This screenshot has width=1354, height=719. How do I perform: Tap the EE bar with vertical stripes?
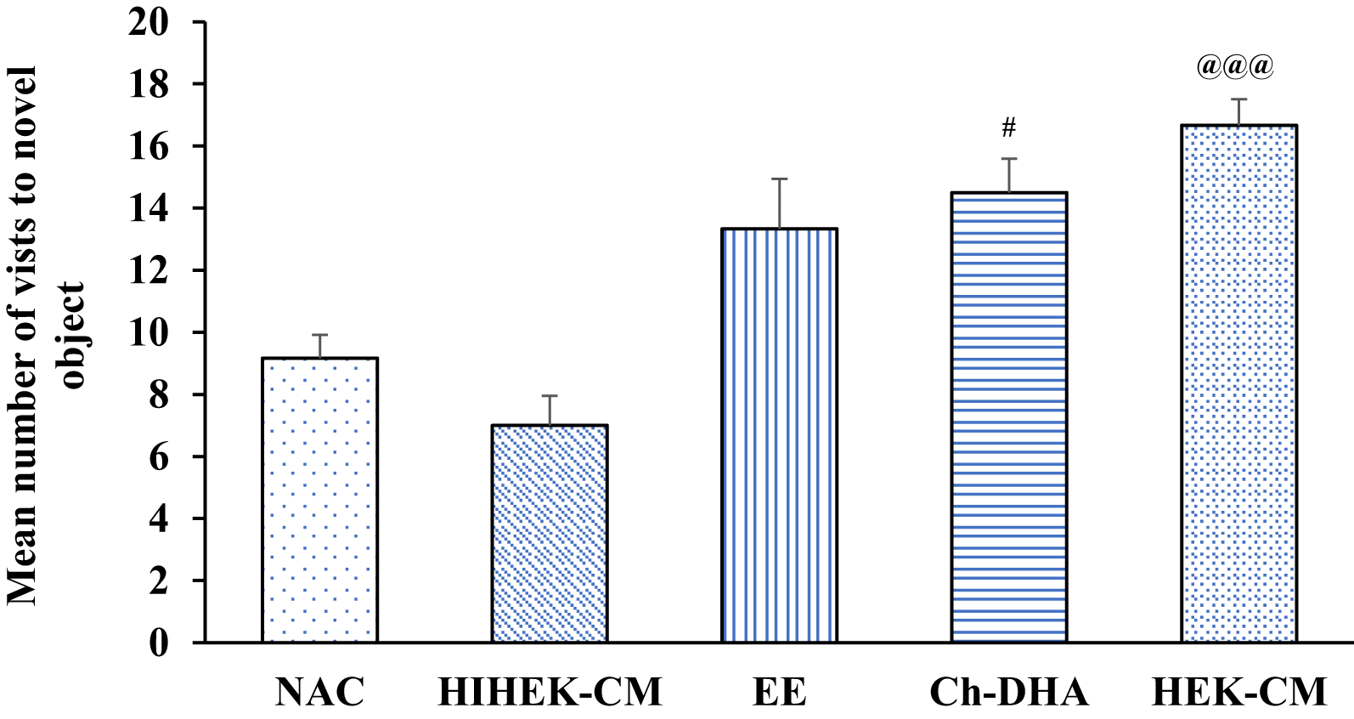pos(779,435)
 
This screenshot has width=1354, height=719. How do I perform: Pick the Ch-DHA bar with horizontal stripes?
pos(1008,416)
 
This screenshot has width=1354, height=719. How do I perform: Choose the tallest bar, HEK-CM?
pos(1238,383)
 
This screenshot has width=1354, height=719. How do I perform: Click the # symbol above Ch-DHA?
pos(1008,128)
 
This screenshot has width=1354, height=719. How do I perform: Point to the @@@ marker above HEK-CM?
pos(1235,66)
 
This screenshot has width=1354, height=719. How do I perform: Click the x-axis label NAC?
pos(319,692)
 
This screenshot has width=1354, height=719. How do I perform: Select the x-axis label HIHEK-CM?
pos(550,692)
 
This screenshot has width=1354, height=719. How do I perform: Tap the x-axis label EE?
pos(779,692)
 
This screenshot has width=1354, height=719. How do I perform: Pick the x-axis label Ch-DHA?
pos(1008,692)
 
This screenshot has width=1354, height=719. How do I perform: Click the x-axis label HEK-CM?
pos(1238,692)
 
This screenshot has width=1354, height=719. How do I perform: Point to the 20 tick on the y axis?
pos(150,22)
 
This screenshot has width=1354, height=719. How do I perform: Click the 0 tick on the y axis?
pos(160,643)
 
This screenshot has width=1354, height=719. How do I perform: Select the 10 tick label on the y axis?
pos(150,332)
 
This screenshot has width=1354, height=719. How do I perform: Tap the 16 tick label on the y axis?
pos(150,146)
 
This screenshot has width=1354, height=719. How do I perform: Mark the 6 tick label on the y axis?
pos(160,456)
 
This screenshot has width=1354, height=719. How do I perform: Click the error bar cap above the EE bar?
pos(779,179)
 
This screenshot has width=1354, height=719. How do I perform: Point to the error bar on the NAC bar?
pos(319,346)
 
